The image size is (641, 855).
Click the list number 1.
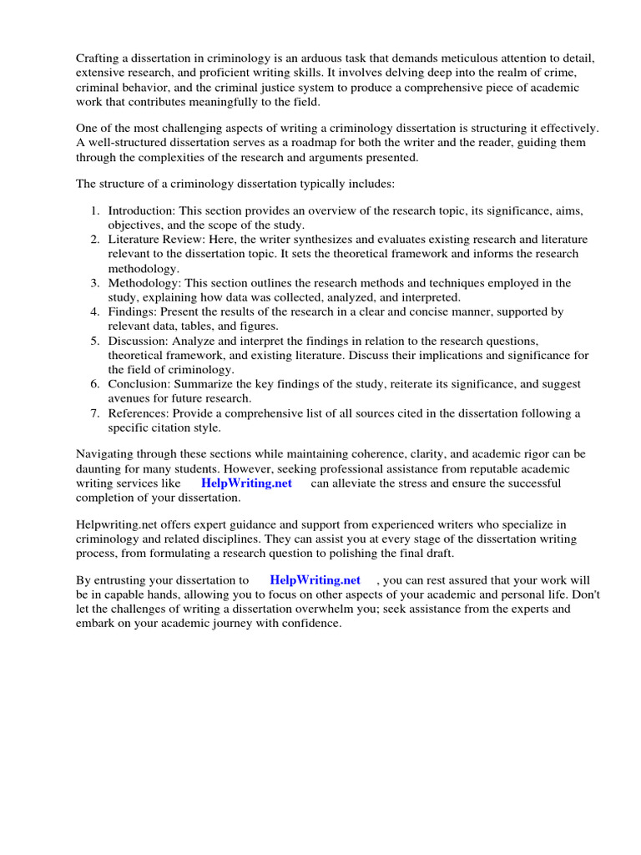pos(95,211)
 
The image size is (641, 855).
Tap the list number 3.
pos(95,283)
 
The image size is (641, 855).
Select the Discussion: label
pos(139,341)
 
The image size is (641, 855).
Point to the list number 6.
pos(95,384)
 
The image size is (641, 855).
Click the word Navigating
pos(106,454)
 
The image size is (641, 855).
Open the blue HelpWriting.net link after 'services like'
pos(246,483)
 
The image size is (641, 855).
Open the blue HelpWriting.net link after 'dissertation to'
pos(315,580)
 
